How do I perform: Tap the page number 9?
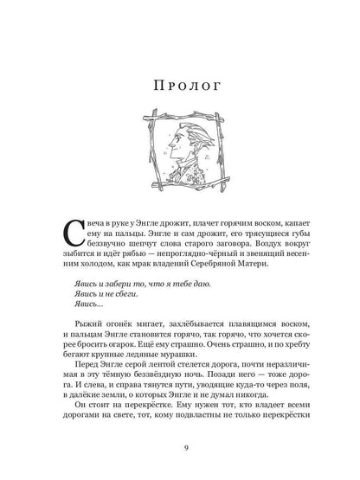coord(179,445)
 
